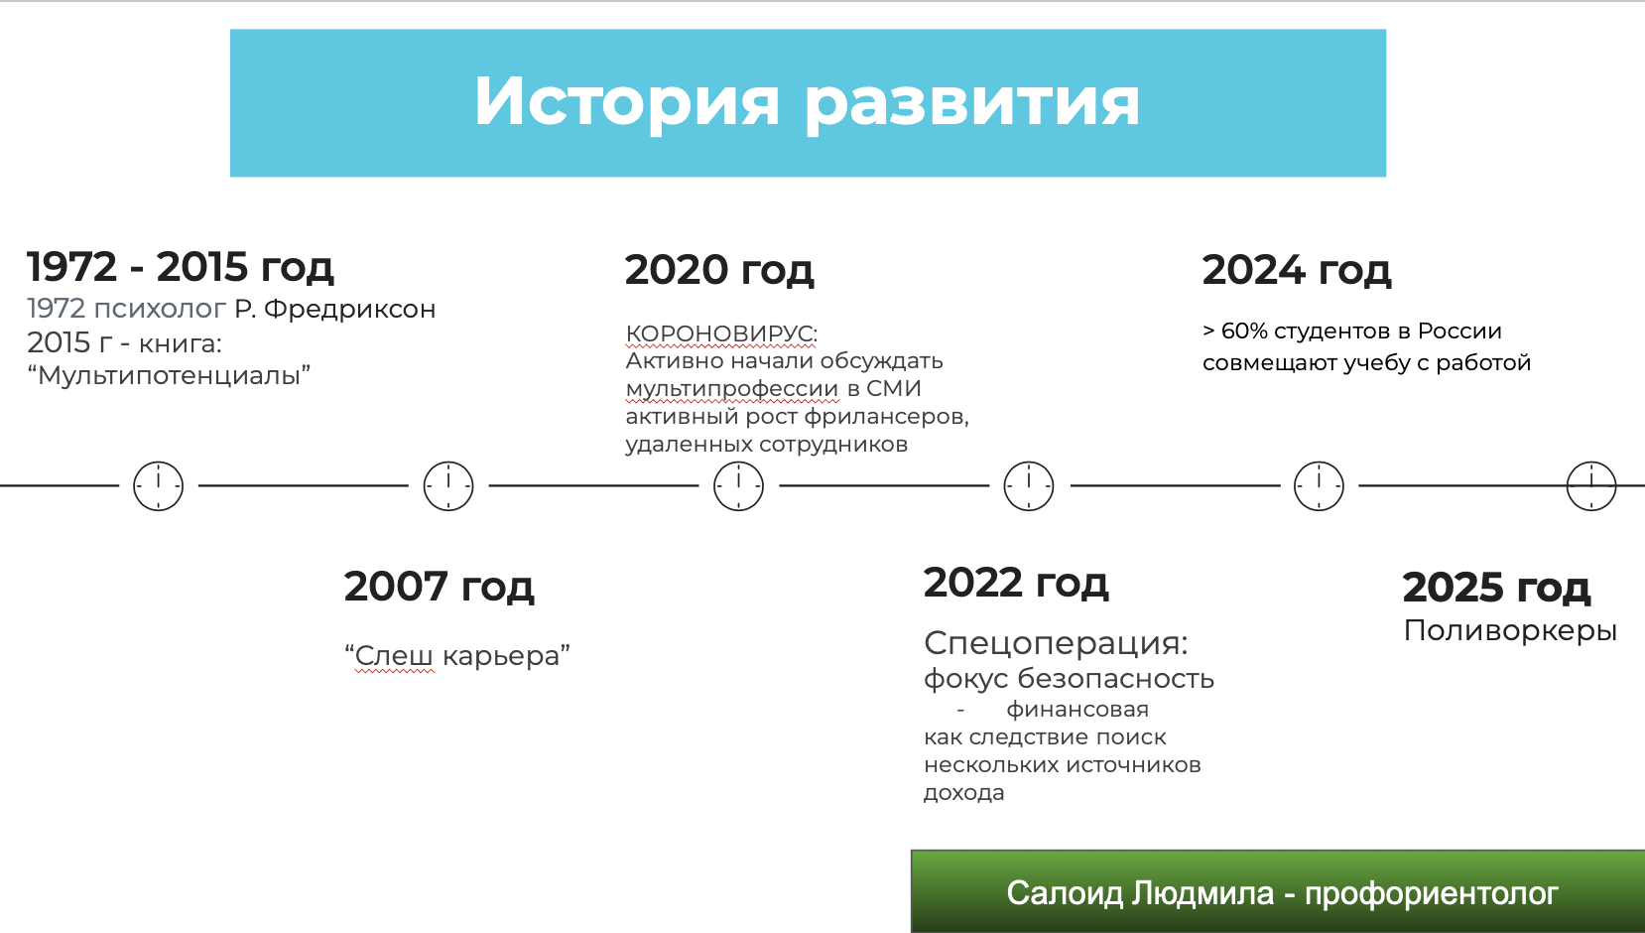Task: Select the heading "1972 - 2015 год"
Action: (181, 266)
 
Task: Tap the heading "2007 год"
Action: (439, 587)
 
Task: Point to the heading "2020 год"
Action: (719, 270)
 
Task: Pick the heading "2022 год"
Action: (1016, 583)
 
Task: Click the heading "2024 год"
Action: (1296, 270)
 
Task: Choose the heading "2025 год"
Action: (1496, 588)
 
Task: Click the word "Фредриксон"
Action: (349, 309)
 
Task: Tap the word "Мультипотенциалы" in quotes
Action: (169, 375)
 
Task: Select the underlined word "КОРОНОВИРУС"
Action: (719, 333)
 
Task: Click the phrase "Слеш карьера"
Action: (456, 655)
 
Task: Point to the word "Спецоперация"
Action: (1052, 643)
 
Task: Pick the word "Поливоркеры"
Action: (1510, 630)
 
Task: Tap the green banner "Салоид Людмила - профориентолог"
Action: (1278, 892)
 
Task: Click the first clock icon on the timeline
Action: (158, 462)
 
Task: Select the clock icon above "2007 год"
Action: (448, 462)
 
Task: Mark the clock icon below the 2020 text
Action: (738, 462)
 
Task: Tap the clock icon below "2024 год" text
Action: (1319, 462)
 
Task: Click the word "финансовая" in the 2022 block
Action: (1077, 710)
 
